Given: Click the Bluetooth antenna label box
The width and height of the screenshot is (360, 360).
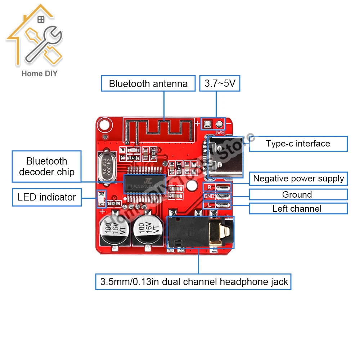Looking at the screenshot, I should pos(148,84).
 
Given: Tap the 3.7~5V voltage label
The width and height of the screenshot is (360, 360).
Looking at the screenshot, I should pos(220,84).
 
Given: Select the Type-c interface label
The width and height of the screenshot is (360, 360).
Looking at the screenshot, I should pos(298,144).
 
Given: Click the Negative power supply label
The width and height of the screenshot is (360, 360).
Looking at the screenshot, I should pos(298,179).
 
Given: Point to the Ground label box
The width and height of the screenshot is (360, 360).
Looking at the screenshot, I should pos(298,195).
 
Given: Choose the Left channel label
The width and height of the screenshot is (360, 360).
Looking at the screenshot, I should pos(298,208).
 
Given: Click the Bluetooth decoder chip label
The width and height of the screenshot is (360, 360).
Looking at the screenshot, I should pos(47,166).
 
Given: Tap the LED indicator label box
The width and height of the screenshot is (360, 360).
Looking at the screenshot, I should pos(47,197).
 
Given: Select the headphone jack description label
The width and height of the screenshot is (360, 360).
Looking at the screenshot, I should pos(194,282).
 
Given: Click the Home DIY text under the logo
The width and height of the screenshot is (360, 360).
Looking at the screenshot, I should pos(40,73).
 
